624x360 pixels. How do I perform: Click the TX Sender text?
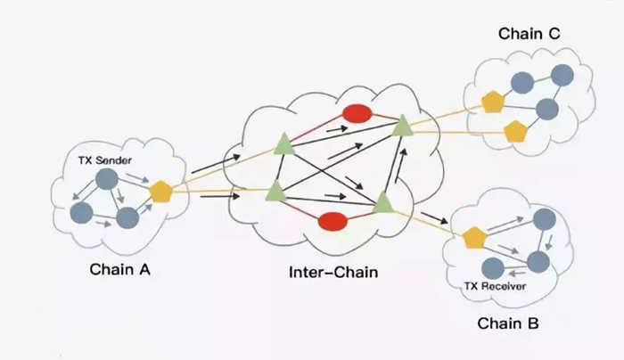(102, 162)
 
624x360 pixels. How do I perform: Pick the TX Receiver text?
(497, 287)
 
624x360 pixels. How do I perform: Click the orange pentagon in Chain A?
(160, 191)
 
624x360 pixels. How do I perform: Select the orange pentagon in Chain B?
(474, 237)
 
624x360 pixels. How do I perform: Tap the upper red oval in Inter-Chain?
(357, 114)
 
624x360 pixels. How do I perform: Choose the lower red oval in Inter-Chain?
(333, 220)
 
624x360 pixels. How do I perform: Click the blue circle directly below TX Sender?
(107, 180)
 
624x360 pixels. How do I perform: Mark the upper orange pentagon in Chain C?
(493, 102)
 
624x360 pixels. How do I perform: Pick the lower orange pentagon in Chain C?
(515, 132)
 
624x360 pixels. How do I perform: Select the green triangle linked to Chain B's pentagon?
(382, 202)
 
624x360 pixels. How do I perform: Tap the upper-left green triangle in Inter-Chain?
(283, 143)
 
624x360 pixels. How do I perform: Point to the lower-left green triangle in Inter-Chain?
(275, 190)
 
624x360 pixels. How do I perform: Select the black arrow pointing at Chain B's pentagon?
(435, 219)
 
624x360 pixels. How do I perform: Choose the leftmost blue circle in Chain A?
(81, 213)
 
